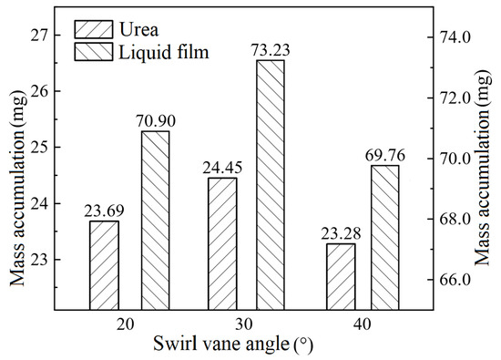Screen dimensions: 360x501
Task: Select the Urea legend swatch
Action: tap(94, 25)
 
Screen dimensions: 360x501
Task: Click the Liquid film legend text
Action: tap(165, 53)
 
